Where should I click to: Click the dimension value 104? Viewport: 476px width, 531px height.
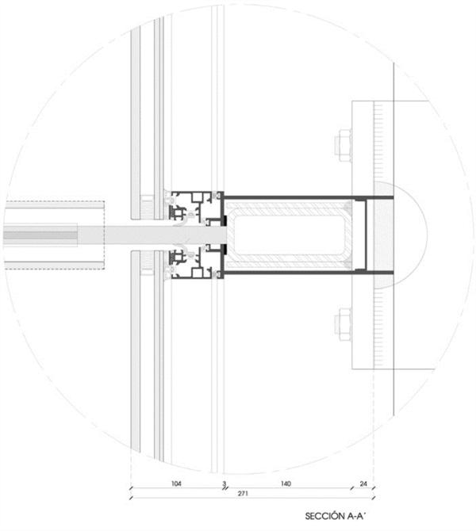[x=176, y=484]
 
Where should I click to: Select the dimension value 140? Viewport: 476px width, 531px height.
[x=286, y=484]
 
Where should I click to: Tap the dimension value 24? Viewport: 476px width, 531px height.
[x=363, y=484]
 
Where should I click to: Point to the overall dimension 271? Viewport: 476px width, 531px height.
[x=243, y=494]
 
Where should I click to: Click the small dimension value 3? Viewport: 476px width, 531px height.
[x=224, y=484]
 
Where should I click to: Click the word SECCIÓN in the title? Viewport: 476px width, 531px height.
[x=324, y=516]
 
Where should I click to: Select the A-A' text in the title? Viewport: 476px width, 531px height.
[x=356, y=516]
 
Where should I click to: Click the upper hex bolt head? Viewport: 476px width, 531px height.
[x=343, y=145]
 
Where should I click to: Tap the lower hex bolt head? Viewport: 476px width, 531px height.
[x=343, y=324]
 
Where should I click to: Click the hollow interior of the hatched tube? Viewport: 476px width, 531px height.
[x=290, y=235]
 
